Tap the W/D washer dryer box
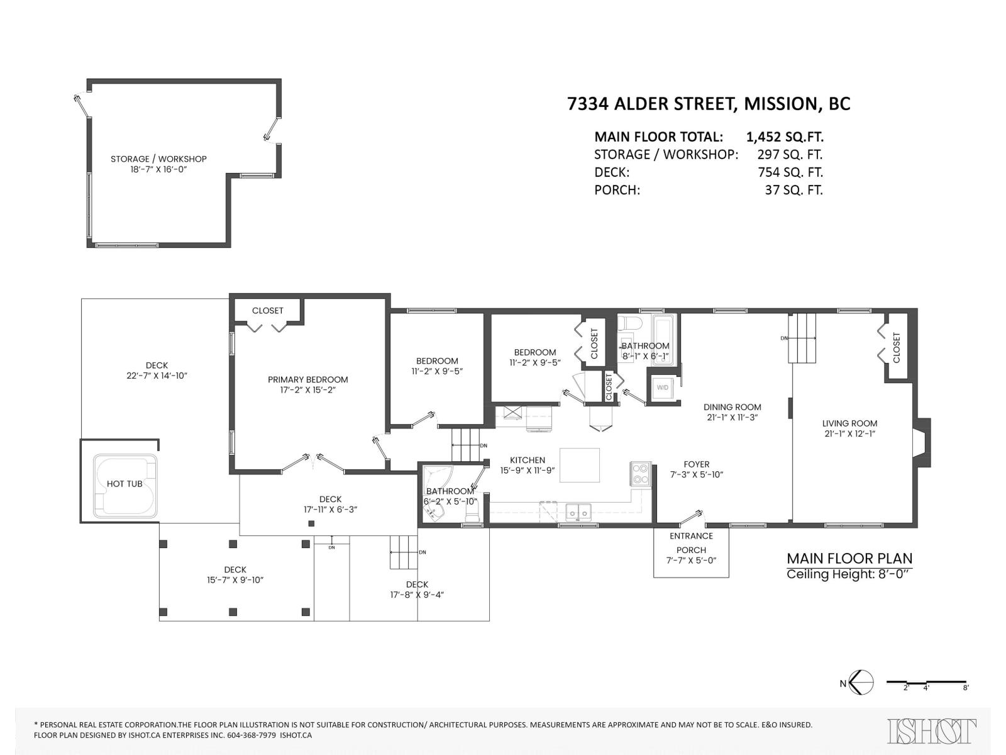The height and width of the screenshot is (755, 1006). click(x=663, y=388)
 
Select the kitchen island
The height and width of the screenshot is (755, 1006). click(x=579, y=465)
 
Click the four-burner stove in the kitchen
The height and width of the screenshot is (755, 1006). click(x=640, y=474)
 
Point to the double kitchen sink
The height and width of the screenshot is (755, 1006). click(x=578, y=513)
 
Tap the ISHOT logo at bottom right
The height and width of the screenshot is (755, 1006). click(x=932, y=731)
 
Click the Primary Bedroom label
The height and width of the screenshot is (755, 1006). click(x=307, y=379)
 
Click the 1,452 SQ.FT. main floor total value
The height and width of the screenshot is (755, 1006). click(x=784, y=137)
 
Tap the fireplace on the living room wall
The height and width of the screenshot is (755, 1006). click(x=922, y=442)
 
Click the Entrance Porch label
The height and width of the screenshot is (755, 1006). click(x=691, y=542)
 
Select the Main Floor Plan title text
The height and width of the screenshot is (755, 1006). click(x=849, y=558)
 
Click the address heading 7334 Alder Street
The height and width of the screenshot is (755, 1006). click(x=708, y=104)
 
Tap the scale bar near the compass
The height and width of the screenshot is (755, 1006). click(x=926, y=682)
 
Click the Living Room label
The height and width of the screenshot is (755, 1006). click(x=849, y=423)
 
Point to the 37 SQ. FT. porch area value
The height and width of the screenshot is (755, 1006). click(x=793, y=190)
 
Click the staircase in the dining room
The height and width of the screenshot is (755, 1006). click(x=802, y=338)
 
